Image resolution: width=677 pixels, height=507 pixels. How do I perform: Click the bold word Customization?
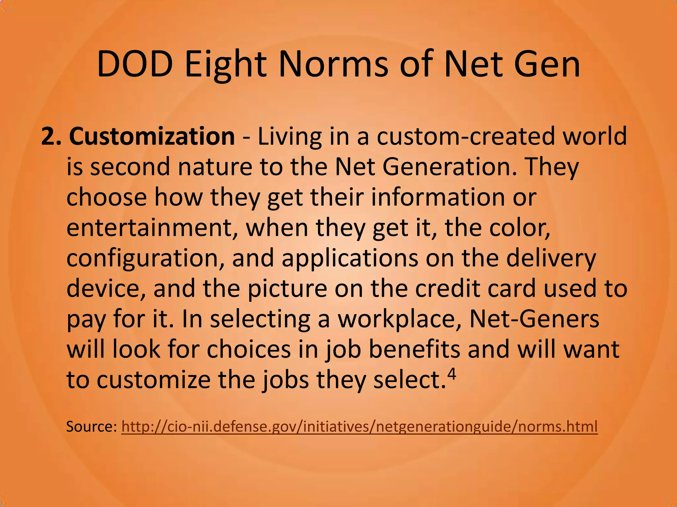(x=152, y=136)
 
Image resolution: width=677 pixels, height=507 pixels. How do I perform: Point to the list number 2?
(x=51, y=136)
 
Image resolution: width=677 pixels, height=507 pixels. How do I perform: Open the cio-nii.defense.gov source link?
(x=359, y=426)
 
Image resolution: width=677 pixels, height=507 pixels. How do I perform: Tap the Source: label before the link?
(x=91, y=426)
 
